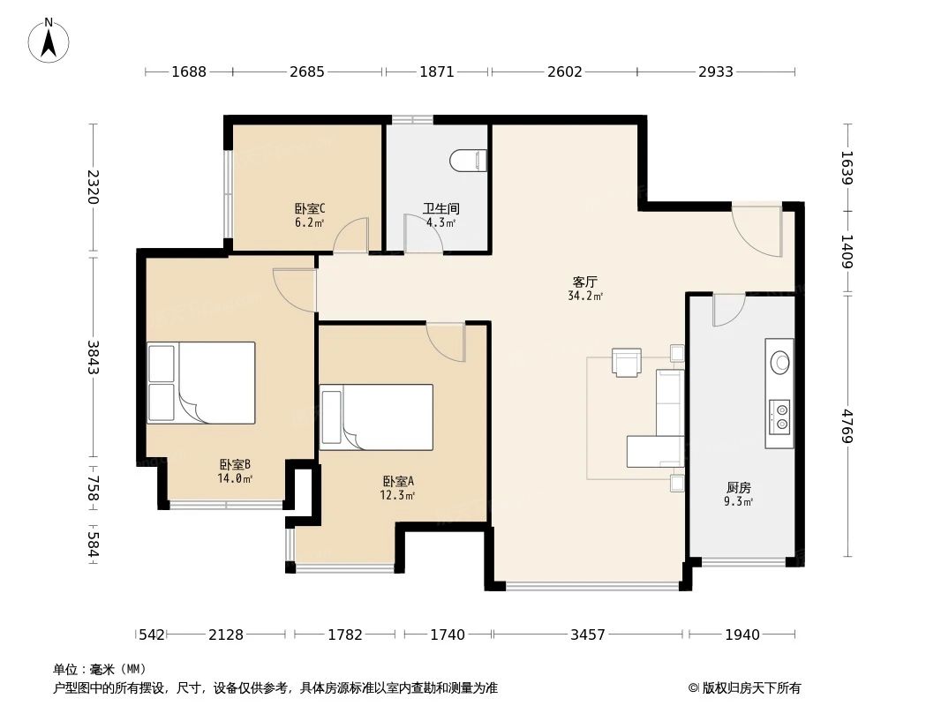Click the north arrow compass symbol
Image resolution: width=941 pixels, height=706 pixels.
(49, 41)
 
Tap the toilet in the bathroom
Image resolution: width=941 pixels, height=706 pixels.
(468, 161)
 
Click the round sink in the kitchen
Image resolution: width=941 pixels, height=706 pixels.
(779, 363)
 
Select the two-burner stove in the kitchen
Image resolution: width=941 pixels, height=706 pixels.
(779, 417)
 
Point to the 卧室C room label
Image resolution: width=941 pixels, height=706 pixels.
(310, 209)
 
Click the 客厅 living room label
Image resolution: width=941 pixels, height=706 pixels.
(585, 282)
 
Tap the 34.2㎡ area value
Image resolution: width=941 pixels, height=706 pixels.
(585, 296)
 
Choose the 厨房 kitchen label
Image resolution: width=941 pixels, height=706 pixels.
(738, 488)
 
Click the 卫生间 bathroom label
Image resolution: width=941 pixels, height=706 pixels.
(441, 209)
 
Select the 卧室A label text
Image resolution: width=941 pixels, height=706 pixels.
(398, 481)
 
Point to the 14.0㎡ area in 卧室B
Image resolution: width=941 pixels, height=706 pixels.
(235, 478)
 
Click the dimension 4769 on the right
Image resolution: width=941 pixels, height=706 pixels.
(847, 426)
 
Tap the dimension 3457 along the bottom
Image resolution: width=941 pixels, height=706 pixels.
(588, 634)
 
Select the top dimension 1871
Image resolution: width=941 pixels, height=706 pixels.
(436, 72)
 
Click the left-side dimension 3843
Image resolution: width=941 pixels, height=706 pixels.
(93, 357)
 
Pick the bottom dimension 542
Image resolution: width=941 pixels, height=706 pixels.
(151, 634)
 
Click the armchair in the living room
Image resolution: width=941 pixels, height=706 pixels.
(627, 362)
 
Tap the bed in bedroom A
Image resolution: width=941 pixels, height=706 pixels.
(376, 417)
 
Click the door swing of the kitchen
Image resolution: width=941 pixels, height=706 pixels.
(728, 310)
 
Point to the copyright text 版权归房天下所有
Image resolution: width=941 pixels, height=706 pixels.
(751, 688)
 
